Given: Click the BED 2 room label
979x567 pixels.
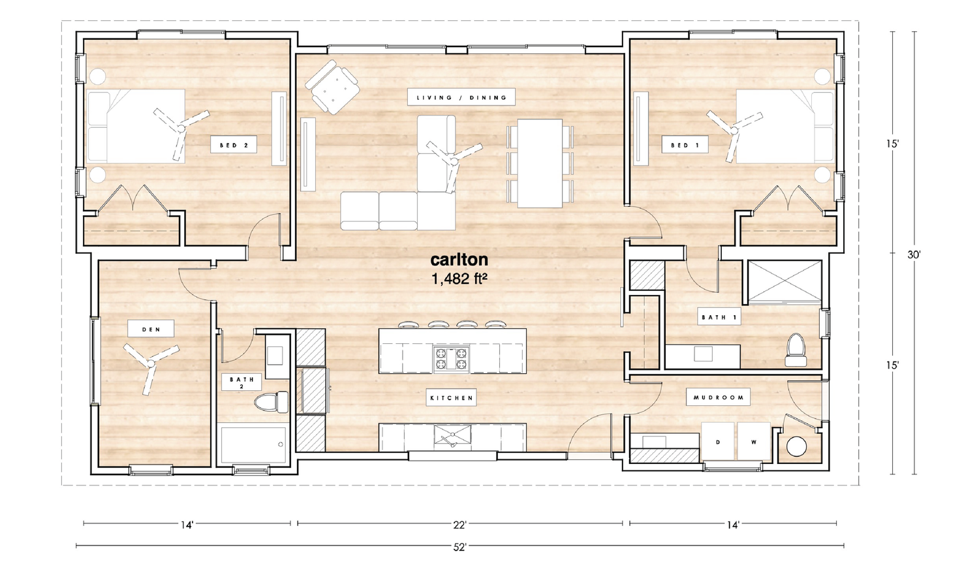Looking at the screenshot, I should click(233, 145).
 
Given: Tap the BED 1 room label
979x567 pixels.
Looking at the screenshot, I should click(685, 145).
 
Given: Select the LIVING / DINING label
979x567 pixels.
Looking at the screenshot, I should click(461, 97).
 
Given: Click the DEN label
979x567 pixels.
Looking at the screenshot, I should click(151, 329).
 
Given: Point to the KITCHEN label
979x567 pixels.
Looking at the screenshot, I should click(451, 397).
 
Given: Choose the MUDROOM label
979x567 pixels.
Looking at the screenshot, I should click(718, 397).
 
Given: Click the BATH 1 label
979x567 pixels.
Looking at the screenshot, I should click(720, 318).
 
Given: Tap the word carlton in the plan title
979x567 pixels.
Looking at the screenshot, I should click(459, 260).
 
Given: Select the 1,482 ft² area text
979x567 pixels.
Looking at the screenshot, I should click(460, 279).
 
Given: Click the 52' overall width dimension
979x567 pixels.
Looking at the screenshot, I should click(460, 547).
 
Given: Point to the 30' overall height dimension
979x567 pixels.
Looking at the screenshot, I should click(913, 255).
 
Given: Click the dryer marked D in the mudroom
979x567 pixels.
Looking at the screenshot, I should click(718, 442).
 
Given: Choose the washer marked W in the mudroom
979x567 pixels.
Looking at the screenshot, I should click(753, 442).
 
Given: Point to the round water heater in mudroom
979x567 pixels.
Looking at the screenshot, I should click(796, 447).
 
